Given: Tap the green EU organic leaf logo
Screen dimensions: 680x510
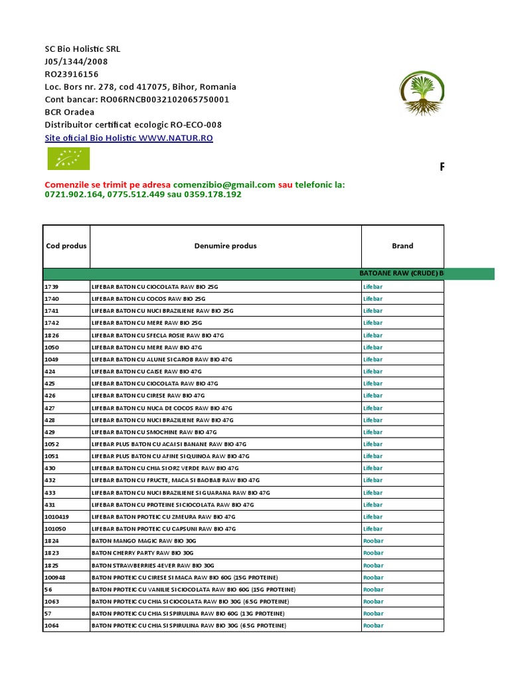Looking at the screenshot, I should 68,159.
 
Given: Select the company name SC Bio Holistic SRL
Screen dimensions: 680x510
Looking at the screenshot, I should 82,49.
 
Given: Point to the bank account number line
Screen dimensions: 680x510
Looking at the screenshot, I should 137,100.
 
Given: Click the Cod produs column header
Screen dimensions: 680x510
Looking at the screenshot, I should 66,246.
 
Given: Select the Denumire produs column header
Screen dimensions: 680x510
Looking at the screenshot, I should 225,246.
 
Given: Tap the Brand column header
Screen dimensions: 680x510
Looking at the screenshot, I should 402,246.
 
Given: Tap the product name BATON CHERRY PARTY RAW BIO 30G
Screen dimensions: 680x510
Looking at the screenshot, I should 142,553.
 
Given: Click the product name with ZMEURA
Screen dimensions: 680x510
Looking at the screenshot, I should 163,517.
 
